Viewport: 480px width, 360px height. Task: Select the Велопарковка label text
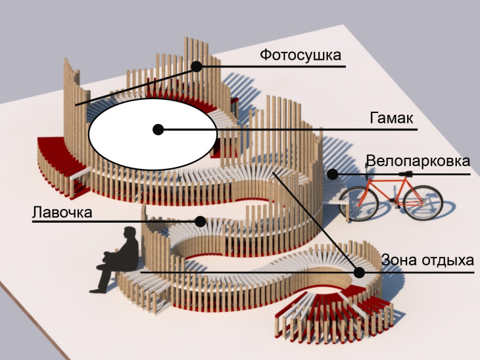(418, 162)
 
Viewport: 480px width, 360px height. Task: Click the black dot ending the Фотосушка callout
(196, 66)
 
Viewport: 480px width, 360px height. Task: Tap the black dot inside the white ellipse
(158, 129)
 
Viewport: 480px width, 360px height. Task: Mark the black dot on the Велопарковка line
(333, 174)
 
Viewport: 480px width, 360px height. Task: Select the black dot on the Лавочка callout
(200, 221)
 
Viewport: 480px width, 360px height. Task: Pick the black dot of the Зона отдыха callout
(359, 271)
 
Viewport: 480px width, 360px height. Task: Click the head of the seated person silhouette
(129, 234)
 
